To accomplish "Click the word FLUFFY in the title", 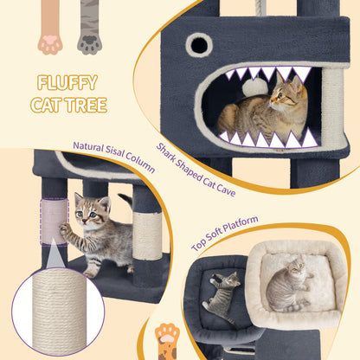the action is click(67, 82).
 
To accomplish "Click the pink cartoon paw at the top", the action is click(50, 28).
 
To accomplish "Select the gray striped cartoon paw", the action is click(89, 28).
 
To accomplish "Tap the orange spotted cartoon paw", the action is click(167, 341).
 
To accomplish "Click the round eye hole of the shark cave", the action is click(199, 45).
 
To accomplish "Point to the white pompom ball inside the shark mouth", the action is click(255, 87).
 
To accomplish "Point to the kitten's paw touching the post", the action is click(65, 228).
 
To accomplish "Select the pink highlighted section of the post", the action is click(55, 222).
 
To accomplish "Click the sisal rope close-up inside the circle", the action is click(59, 311).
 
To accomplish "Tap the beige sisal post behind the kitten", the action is click(147, 236).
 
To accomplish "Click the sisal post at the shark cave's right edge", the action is click(332, 106).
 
